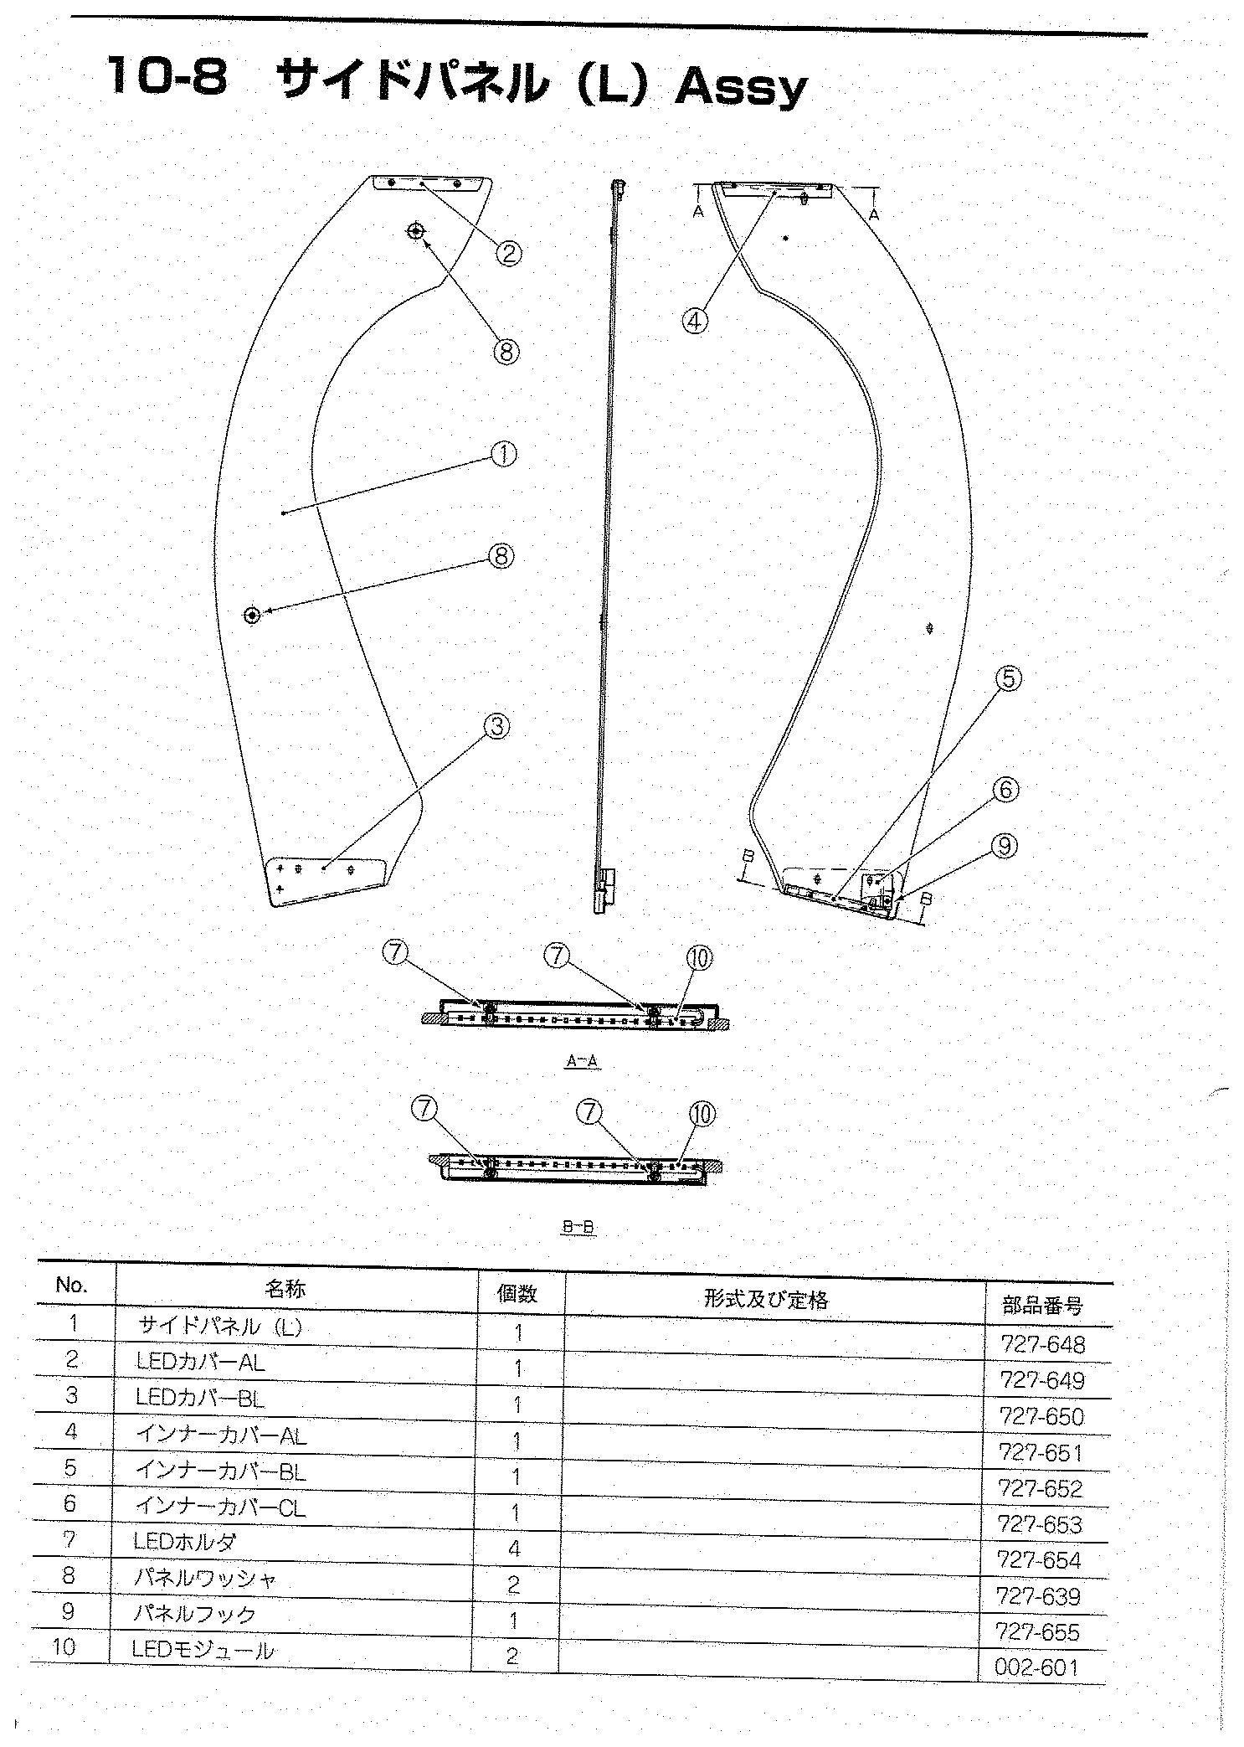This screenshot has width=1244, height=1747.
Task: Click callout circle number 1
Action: coord(503,454)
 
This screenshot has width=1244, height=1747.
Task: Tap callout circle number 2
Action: coord(508,252)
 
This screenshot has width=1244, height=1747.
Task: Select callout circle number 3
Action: coord(497,726)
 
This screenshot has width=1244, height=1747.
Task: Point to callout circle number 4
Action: coord(696,320)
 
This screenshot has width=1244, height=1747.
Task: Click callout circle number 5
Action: coord(1009,678)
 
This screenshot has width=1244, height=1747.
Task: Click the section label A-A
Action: coord(582,1060)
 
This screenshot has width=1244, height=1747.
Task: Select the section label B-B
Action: coord(578,1228)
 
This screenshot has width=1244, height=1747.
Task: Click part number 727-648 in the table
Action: coord(1042,1344)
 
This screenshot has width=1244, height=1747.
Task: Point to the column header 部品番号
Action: coord(1042,1305)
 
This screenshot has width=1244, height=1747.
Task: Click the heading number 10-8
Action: coord(166,77)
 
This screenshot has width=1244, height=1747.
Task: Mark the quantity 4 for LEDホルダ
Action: coord(514,1549)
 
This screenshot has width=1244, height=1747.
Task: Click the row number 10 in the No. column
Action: coord(64,1647)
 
